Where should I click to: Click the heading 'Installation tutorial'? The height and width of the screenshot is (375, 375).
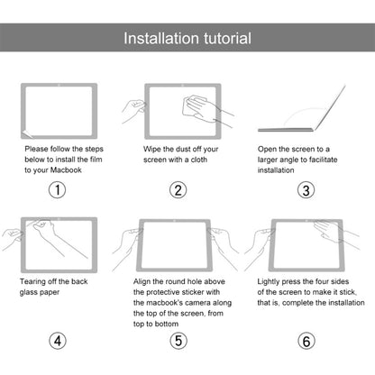coord(187,39)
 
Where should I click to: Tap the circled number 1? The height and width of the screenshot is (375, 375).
coord(57,189)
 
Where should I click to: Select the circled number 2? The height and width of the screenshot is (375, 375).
coord(178,189)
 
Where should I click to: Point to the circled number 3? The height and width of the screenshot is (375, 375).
coord(306,189)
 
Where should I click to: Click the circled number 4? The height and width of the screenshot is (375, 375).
coord(57,341)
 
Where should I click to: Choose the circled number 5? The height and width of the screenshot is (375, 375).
coord(178,341)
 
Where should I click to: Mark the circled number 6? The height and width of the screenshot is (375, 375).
coord(306,341)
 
